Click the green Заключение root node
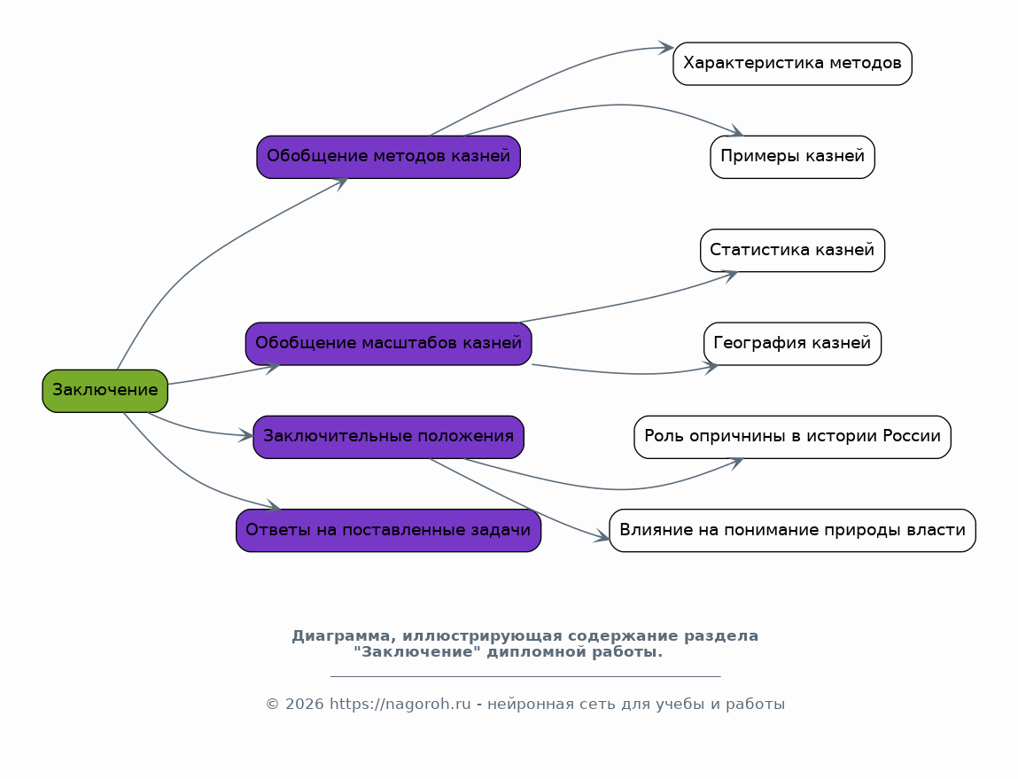click(x=105, y=391)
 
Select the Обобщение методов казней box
click(x=388, y=157)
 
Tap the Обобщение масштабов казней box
click(x=388, y=343)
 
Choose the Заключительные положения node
click(x=388, y=437)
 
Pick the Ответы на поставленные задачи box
click(x=388, y=530)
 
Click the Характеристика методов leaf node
click(x=792, y=64)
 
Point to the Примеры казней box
click(x=792, y=157)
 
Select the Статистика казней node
click(x=792, y=251)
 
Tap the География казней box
click(x=792, y=343)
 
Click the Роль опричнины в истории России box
click(x=792, y=437)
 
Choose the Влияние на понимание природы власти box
click(x=792, y=530)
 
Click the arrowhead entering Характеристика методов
click(x=666, y=47)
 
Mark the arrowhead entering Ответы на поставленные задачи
click(x=274, y=506)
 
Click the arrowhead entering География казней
click(x=711, y=368)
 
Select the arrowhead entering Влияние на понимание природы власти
click(x=602, y=536)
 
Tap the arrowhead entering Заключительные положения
click(x=245, y=436)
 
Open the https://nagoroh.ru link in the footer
click(x=400, y=705)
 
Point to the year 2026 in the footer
click(x=304, y=705)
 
